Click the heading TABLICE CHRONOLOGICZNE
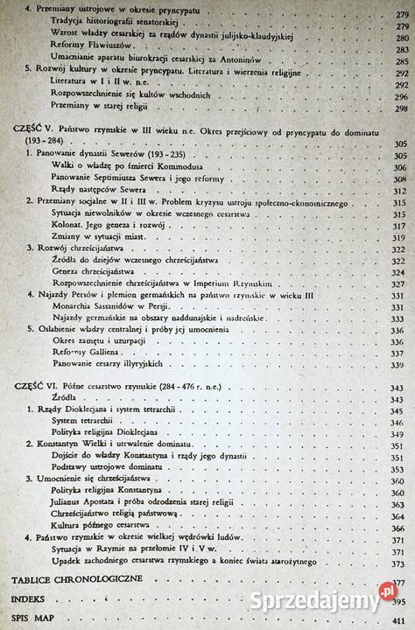click(67, 582)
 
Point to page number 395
click(401, 601)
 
